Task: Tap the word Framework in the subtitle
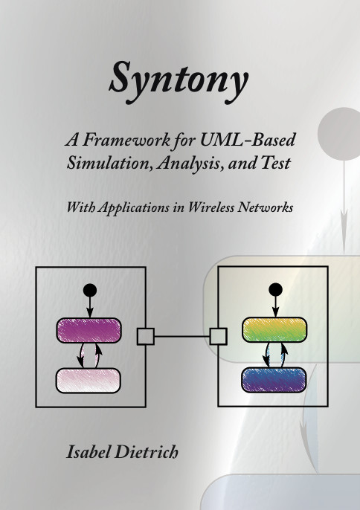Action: point(126,141)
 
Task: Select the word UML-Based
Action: point(248,140)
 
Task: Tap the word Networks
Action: point(266,207)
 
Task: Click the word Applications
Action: point(135,208)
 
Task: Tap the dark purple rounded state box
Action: point(89,330)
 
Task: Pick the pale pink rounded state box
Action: point(89,381)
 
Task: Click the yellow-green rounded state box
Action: point(274,329)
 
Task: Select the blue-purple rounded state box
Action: point(274,380)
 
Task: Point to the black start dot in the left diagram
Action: point(90,290)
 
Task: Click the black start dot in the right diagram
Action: point(276,289)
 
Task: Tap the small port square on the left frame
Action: point(146,336)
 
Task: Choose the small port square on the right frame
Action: point(218,336)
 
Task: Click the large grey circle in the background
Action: point(340,134)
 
